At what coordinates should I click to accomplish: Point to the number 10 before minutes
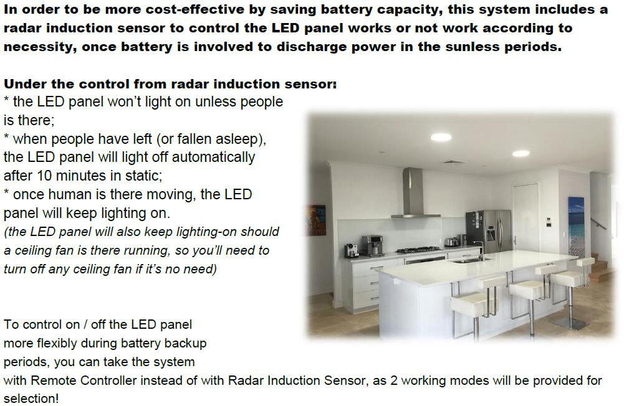click(45, 176)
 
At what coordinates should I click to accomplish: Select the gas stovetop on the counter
click(418, 250)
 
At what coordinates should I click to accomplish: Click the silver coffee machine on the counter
click(372, 245)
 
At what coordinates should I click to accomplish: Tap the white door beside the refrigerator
click(526, 217)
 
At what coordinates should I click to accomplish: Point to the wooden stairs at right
click(599, 265)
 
